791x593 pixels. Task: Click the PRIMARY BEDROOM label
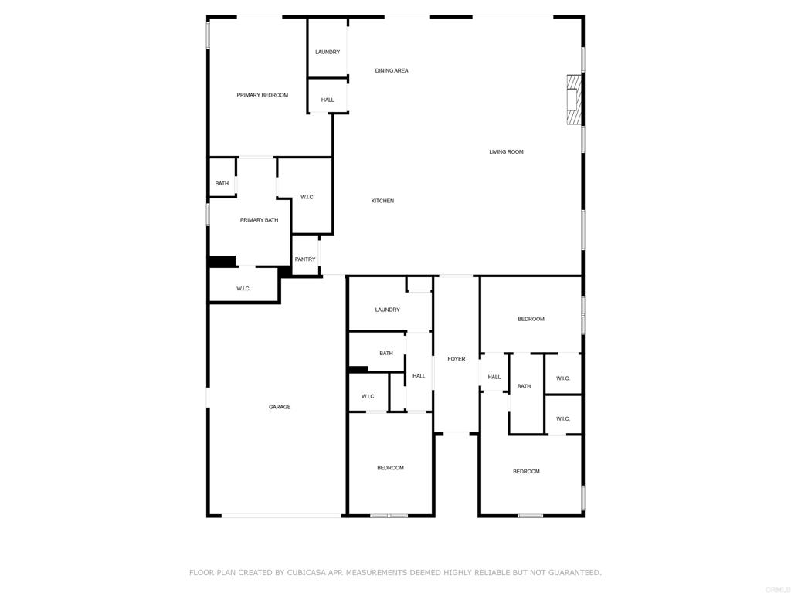(262, 95)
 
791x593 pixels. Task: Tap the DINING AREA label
(392, 70)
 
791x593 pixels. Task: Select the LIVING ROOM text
(506, 152)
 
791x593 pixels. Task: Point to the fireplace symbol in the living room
(572, 100)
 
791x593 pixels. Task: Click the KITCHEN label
(382, 201)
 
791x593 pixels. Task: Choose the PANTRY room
(305, 259)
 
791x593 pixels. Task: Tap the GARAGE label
(280, 407)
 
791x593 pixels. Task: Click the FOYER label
(457, 359)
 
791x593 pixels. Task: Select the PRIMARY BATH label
(259, 220)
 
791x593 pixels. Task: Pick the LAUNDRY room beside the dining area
(328, 52)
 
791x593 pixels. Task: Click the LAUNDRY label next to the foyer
(387, 310)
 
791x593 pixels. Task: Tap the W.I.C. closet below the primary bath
(243, 289)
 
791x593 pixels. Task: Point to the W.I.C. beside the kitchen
(307, 197)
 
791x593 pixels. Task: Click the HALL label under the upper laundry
(328, 100)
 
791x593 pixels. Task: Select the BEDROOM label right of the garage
(390, 468)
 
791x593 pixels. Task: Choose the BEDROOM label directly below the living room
(531, 319)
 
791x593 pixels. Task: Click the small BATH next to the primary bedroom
(222, 184)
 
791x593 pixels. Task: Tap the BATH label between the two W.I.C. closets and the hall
(524, 386)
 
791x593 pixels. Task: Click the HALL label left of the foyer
(419, 376)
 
